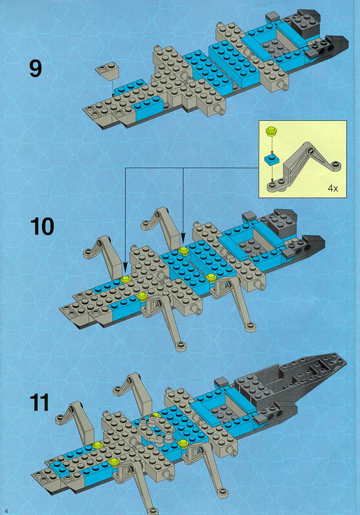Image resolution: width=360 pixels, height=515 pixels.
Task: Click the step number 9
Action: [36, 69]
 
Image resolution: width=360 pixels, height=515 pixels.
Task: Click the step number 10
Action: [42, 227]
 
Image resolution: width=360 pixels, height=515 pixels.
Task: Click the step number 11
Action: [39, 402]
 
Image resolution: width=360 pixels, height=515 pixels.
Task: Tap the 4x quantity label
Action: [333, 188]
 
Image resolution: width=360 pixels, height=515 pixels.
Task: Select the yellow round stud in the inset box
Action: [271, 131]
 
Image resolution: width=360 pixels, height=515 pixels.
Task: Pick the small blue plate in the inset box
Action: [271, 160]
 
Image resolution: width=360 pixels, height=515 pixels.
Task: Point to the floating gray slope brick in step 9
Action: [107, 71]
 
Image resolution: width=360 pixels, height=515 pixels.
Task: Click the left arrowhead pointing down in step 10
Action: [125, 267]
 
